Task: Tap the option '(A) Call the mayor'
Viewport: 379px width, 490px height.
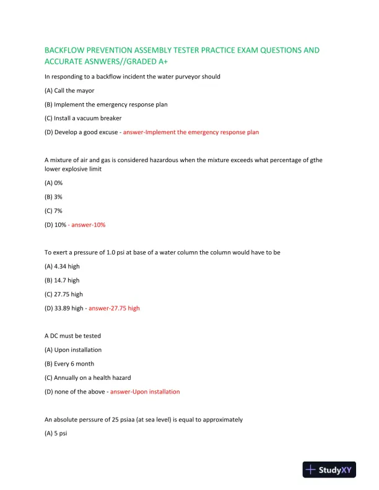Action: click(69, 90)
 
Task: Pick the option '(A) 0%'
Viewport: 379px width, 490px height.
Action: click(54, 183)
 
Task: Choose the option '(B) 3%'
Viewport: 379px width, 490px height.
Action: click(54, 197)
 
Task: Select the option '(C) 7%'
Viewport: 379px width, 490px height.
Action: click(54, 211)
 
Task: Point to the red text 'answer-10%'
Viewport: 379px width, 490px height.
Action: click(89, 225)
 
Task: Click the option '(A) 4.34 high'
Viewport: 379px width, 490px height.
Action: click(62, 266)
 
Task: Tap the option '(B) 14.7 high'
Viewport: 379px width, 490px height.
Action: click(62, 280)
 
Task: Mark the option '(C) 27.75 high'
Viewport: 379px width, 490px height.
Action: click(64, 294)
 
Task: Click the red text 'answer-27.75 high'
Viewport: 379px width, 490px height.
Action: click(114, 308)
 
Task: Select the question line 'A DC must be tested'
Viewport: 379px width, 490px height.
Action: click(72, 336)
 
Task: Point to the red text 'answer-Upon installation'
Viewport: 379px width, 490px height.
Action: click(145, 392)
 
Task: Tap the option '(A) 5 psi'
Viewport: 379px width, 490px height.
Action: click(56, 433)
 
